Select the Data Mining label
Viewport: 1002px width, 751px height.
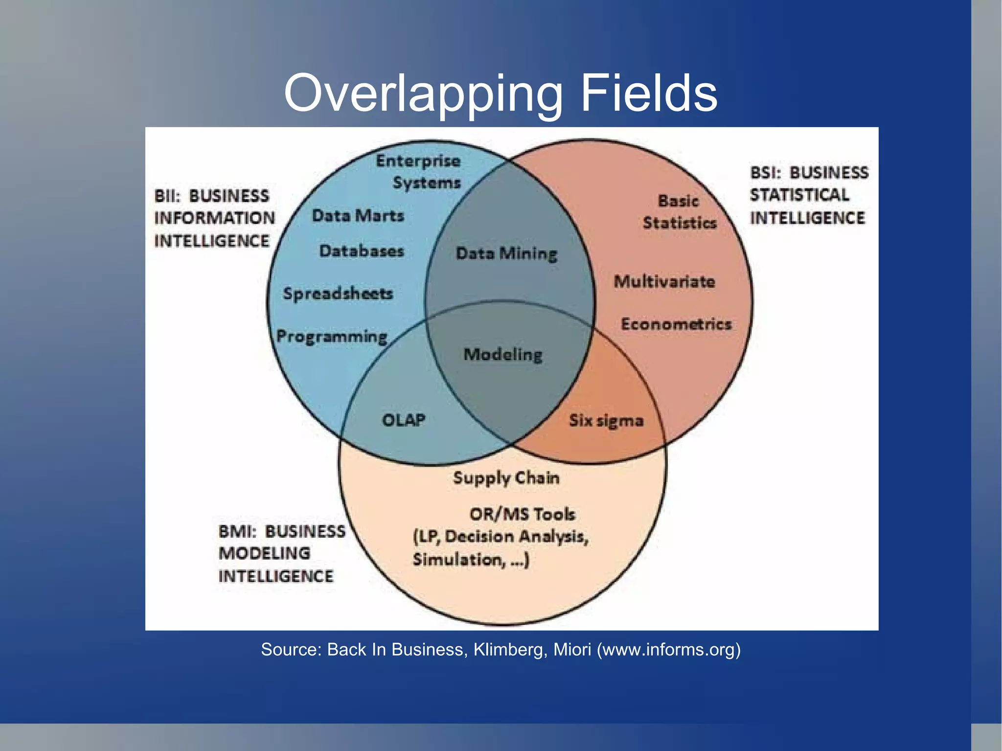coord(506,253)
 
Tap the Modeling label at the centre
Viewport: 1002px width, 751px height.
coord(503,354)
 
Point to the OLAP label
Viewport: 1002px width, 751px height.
coord(404,420)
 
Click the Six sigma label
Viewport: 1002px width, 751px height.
coord(606,420)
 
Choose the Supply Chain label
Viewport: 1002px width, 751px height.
coord(506,478)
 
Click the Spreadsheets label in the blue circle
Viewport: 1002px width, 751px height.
coord(338,294)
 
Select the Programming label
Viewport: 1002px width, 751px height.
coord(332,337)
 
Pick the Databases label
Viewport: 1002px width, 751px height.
coord(362,251)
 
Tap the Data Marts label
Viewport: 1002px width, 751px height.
coord(358,216)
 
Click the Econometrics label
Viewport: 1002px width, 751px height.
coord(676,324)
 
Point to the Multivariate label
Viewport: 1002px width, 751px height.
coord(664,281)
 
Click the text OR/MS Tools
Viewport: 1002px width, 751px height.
coord(522,514)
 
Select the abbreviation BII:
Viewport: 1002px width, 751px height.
coord(167,196)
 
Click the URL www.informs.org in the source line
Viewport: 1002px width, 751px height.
coord(668,649)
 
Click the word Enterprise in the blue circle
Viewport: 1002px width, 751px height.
coord(418,161)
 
